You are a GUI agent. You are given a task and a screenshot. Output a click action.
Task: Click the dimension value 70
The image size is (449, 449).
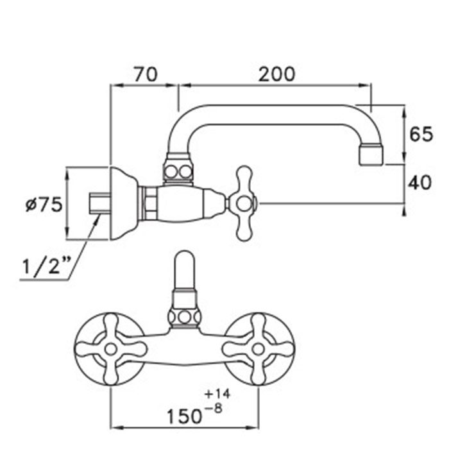146,74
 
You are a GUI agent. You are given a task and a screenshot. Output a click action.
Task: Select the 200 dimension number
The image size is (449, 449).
276,74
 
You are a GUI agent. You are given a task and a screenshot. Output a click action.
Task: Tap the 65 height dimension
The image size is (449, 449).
421,134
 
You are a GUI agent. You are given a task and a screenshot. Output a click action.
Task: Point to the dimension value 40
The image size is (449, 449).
419,183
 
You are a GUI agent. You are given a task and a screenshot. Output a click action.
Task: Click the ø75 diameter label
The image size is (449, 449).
44,205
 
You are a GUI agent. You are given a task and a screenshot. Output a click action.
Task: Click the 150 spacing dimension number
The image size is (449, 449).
184,416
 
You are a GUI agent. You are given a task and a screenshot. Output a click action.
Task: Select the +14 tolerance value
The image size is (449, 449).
217,394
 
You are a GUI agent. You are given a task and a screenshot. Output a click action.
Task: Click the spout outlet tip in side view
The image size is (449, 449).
371,155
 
